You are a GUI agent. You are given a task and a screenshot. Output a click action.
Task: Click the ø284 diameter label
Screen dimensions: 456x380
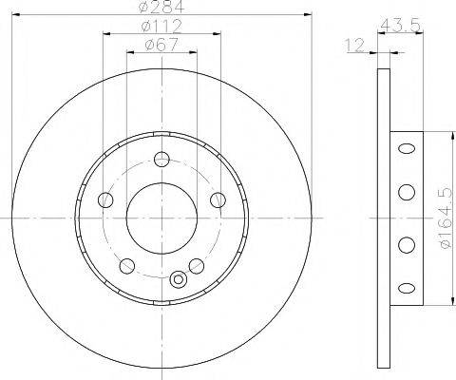click(161, 7)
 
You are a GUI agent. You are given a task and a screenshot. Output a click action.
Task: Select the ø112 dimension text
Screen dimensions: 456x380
click(161, 27)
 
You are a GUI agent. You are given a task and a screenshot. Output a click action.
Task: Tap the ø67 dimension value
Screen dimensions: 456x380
click(161, 45)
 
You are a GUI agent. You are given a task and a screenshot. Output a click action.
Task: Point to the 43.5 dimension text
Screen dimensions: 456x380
click(400, 26)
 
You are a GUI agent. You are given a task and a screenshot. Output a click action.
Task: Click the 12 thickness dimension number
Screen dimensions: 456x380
click(355, 46)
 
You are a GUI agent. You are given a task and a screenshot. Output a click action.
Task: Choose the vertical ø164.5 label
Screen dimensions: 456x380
click(446, 218)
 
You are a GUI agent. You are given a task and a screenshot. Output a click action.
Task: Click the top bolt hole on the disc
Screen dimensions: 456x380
click(161, 160)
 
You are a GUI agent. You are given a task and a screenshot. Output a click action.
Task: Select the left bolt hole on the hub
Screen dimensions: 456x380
click(105, 199)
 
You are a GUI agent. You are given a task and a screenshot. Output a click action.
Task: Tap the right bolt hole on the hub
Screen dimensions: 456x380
click(218, 199)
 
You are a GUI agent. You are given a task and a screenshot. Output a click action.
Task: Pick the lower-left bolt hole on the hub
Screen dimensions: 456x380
click(127, 266)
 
